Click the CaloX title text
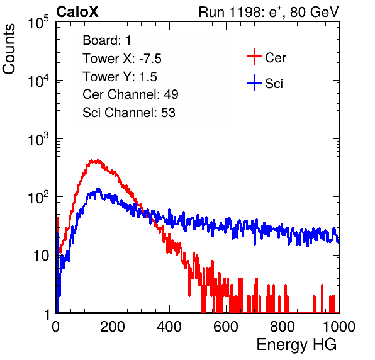(x=77, y=12)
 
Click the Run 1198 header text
(x=269, y=12)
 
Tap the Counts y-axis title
(x=9, y=49)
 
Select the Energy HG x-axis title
(x=296, y=345)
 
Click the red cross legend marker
(x=254, y=57)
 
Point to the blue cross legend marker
(x=254, y=82)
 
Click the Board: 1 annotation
(x=107, y=40)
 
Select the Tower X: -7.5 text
(x=122, y=59)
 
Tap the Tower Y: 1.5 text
(x=120, y=77)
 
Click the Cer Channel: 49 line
(x=130, y=94)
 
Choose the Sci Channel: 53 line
(x=129, y=113)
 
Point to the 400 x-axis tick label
(x=169, y=327)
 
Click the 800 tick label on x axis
(x=283, y=327)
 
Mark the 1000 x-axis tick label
(x=339, y=327)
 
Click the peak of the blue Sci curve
(x=98, y=189)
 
